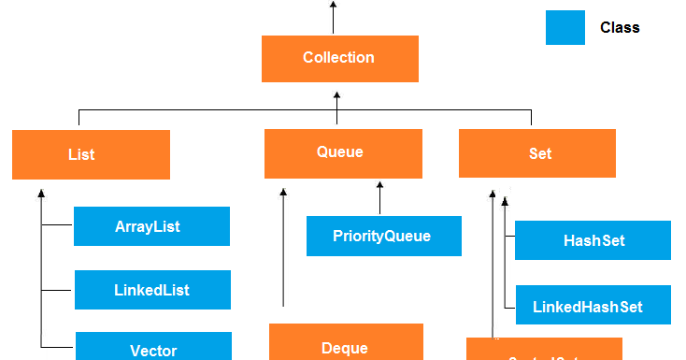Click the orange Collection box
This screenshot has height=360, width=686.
tap(339, 58)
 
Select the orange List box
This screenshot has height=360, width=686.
tap(91, 154)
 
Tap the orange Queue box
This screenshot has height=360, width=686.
tap(343, 152)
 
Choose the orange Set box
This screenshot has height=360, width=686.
tap(537, 153)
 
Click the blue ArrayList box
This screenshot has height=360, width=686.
tap(151, 226)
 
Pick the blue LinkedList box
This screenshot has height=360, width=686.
tap(151, 290)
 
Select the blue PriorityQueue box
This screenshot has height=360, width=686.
tap(383, 236)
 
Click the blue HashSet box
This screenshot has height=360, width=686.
tap(593, 240)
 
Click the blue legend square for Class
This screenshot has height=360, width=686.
tap(565, 28)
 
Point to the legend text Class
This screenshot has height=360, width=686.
tap(620, 28)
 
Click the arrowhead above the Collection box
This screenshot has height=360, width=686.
tap(333, 6)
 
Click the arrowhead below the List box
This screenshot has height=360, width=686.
tap(41, 194)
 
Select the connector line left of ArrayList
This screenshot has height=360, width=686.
tap(57, 226)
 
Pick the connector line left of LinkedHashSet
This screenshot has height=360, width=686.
tap(509, 306)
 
